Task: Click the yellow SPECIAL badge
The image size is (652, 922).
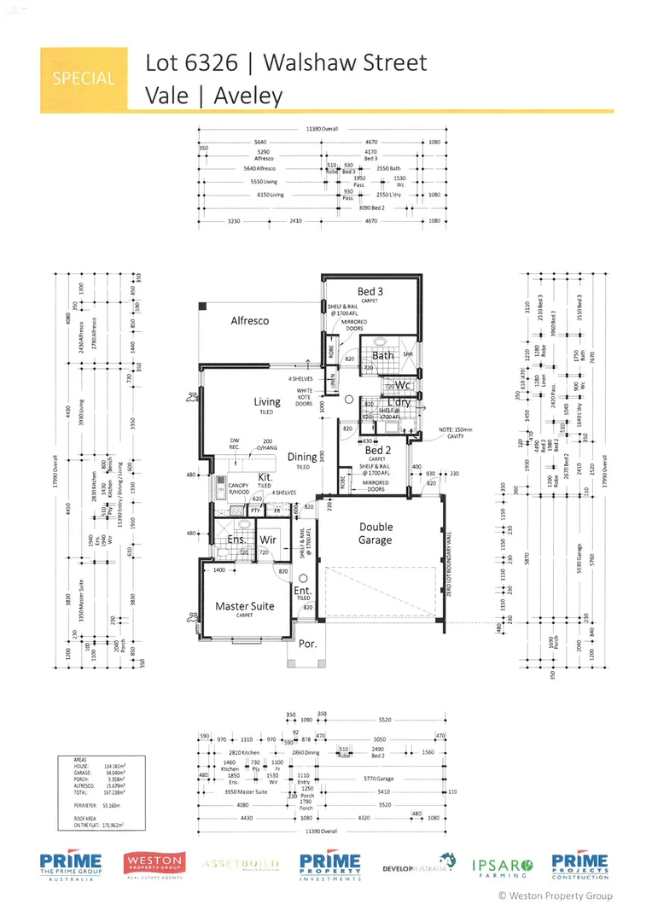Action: pyautogui.click(x=83, y=79)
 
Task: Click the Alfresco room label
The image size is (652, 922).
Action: pyautogui.click(x=249, y=321)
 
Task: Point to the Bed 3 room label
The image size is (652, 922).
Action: pyautogui.click(x=371, y=291)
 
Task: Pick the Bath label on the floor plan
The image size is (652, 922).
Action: pyautogui.click(x=383, y=355)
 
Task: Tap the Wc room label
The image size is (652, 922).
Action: pyautogui.click(x=403, y=385)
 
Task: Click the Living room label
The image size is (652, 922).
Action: pyautogui.click(x=267, y=401)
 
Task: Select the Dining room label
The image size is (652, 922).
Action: pyautogui.click(x=302, y=457)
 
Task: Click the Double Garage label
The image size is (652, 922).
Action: pyautogui.click(x=375, y=534)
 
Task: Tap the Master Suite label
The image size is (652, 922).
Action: pyautogui.click(x=245, y=605)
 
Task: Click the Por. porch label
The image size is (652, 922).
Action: pyautogui.click(x=306, y=644)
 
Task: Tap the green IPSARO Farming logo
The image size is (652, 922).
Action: pyautogui.click(x=503, y=866)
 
